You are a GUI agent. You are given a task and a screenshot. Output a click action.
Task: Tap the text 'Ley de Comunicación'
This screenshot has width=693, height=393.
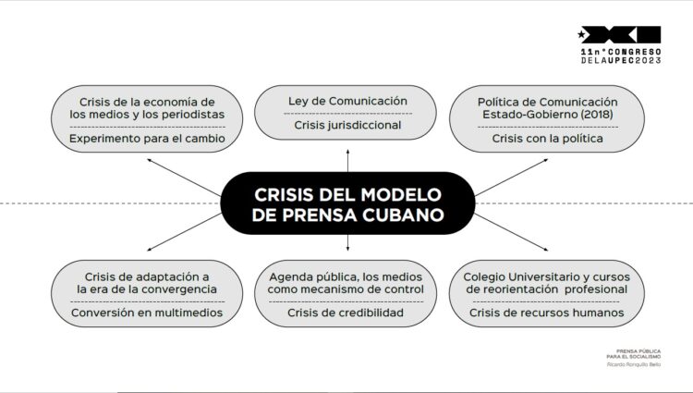[x=346, y=101]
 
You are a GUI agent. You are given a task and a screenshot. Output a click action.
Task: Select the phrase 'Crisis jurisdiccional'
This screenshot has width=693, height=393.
[x=346, y=124]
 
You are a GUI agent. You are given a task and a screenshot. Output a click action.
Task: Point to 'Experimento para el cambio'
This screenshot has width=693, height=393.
[x=146, y=139]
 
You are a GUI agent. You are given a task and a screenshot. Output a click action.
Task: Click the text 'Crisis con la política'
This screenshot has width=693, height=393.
[x=547, y=139]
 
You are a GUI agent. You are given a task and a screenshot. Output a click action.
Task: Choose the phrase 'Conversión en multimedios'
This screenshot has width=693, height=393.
[x=146, y=313]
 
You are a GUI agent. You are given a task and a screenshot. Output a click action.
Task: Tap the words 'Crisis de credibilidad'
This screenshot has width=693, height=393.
[x=346, y=313]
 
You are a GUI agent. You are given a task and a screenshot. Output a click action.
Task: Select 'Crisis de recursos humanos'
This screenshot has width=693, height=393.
[x=547, y=313]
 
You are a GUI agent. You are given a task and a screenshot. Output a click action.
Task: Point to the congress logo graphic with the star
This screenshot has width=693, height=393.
[x=619, y=34]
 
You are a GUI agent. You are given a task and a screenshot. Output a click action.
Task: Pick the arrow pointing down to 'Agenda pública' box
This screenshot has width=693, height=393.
[x=346, y=242]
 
